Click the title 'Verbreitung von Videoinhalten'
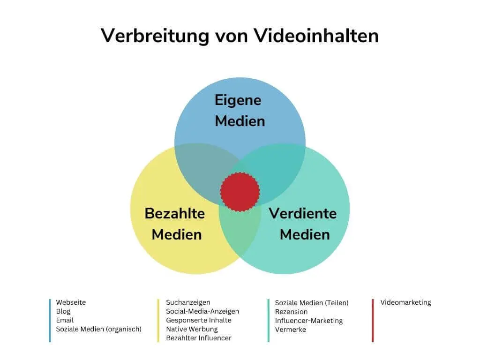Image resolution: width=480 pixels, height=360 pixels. point(240,36)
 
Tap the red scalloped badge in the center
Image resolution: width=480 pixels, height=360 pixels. point(240,191)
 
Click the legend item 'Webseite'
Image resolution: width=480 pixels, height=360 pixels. point(71,302)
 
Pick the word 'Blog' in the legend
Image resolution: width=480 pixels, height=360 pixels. point(63,311)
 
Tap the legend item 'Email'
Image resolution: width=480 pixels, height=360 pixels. point(65,320)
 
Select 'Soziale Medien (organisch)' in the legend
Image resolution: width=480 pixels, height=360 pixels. point(98,329)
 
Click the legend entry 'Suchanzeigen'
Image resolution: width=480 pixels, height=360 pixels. point(188,302)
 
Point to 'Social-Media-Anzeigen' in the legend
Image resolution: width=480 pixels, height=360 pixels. point(202,311)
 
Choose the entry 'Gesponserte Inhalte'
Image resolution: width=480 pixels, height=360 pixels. point(199,320)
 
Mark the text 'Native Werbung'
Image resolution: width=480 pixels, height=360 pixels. point(192,329)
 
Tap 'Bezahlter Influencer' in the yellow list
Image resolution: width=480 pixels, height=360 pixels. point(199,338)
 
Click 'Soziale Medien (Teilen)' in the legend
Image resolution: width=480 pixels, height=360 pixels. point(312,303)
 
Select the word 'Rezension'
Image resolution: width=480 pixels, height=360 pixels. point(291,312)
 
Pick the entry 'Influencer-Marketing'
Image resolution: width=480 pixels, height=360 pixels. point(309,321)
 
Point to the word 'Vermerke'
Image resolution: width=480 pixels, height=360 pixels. point(291,330)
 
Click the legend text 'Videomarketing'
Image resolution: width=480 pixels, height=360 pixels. point(405,302)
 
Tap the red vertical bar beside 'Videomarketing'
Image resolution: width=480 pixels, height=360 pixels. point(373,321)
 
